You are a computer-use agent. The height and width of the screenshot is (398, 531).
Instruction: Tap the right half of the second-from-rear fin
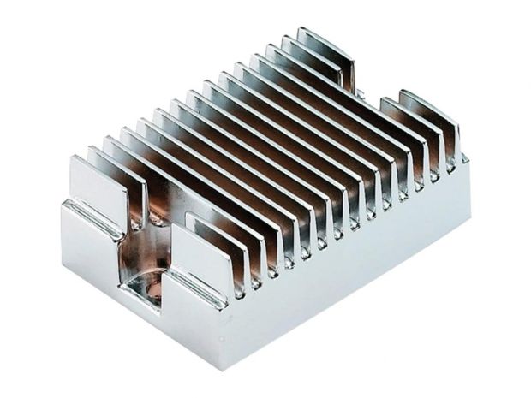(411, 124)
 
